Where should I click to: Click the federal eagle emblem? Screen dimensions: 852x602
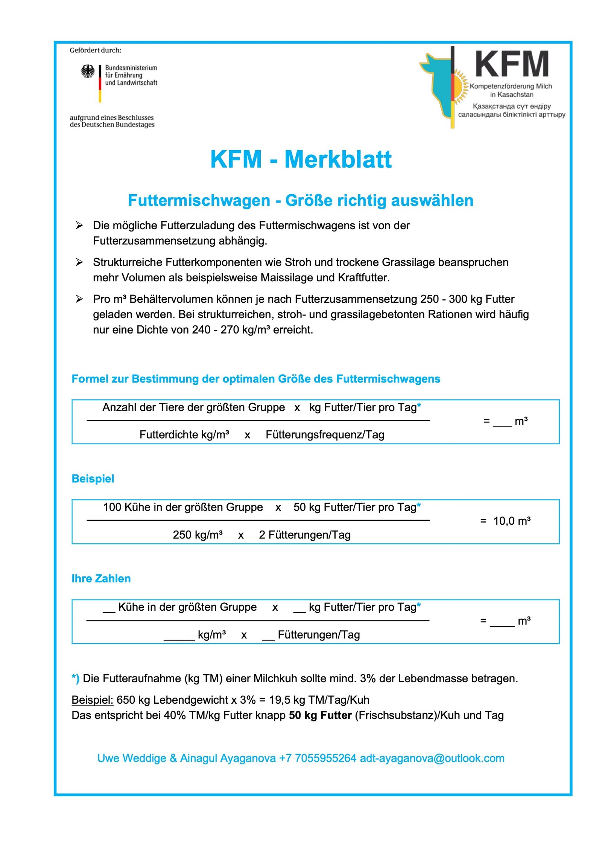tap(88, 71)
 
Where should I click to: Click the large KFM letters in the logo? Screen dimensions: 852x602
tap(511, 64)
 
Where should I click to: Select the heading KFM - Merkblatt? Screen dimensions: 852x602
tap(301, 159)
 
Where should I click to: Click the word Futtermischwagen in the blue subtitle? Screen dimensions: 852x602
tap(199, 201)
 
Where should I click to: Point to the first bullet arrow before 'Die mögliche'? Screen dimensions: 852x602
tap(79, 226)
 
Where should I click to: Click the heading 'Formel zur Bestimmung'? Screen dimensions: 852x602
tap(255, 379)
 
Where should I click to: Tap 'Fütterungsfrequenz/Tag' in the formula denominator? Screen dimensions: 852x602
tap(325, 435)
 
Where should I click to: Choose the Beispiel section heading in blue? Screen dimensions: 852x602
tap(93, 479)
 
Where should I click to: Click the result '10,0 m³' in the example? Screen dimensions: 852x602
tap(512, 521)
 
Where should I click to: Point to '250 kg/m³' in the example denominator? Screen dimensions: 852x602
tap(198, 535)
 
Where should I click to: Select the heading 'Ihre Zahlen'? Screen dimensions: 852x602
tap(101, 579)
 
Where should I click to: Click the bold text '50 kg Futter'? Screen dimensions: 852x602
tap(320, 715)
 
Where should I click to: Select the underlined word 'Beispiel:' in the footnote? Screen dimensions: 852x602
tap(92, 700)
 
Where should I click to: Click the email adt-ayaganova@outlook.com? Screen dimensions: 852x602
tap(432, 758)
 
